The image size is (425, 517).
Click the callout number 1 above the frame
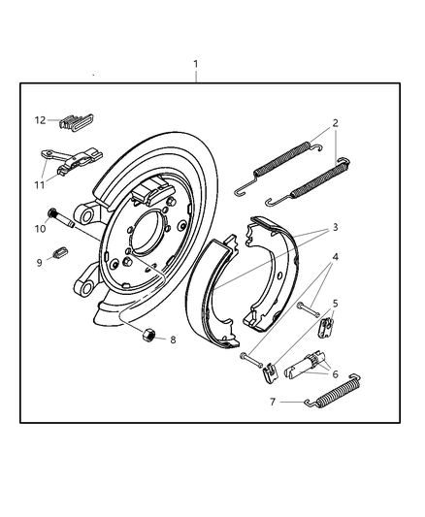click(196, 64)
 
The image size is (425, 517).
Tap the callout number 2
click(335, 123)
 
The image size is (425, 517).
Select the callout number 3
click(335, 227)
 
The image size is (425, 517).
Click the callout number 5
click(335, 304)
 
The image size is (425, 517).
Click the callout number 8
click(173, 339)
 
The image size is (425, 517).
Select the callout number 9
click(41, 262)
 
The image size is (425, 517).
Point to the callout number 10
click(41, 229)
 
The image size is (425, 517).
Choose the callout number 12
click(41, 120)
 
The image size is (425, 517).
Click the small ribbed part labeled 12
click(74, 122)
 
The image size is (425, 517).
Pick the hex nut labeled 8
click(149, 335)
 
